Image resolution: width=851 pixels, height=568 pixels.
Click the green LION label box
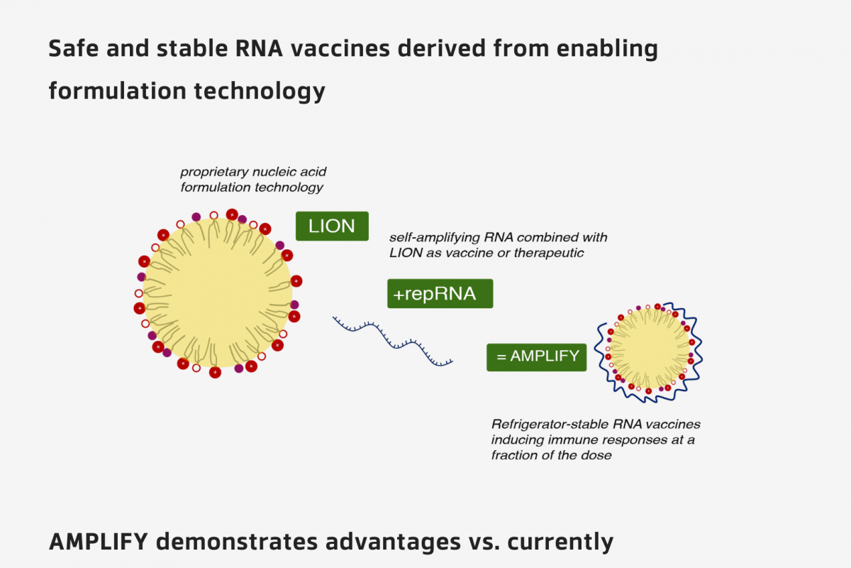(x=332, y=226)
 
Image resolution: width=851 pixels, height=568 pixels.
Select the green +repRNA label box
(x=440, y=293)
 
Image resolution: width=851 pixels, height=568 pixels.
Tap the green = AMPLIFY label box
(x=536, y=356)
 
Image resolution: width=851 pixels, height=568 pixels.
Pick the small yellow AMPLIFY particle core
(x=650, y=348)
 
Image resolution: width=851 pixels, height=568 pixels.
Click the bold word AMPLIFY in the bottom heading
(x=99, y=542)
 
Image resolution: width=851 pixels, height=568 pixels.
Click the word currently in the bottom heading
(x=568, y=542)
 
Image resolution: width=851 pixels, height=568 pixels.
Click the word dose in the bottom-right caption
(x=596, y=455)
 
